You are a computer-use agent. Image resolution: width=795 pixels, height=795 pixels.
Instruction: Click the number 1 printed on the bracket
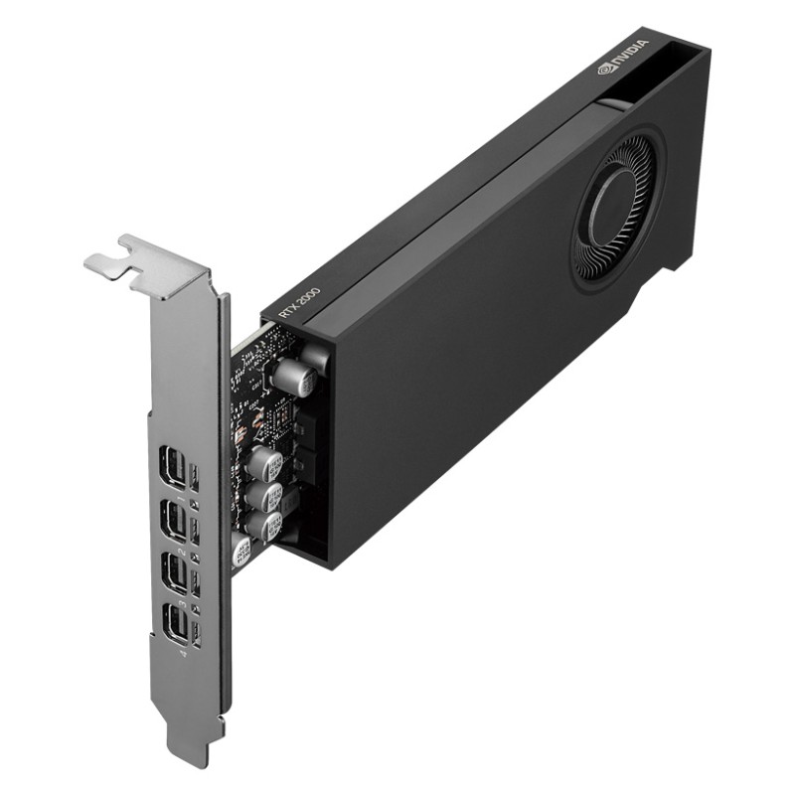tap(179, 494)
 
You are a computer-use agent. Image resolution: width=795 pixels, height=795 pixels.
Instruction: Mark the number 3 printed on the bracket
tap(183, 604)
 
